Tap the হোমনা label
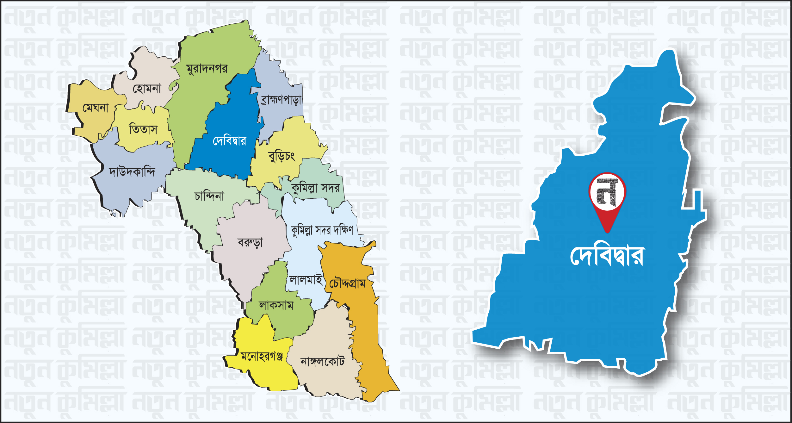pos(147,89)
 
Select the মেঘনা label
pos(95,108)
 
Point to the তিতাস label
pos(143,129)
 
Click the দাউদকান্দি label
pos(132,172)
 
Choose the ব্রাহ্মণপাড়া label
pos(281,100)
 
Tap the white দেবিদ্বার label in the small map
pos(229,140)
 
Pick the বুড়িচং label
pos(282,156)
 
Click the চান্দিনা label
pos(209,196)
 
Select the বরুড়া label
pos(250,243)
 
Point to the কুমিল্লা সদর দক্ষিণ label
pos(322,230)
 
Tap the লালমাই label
pos(306,280)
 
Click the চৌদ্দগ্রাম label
pos(347,283)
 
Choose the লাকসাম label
pos(276,306)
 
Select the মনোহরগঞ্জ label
pos(262,357)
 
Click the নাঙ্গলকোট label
pos(322,361)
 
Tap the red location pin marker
pos(607,202)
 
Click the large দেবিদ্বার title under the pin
pos(607,256)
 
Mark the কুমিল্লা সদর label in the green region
pos(315,188)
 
